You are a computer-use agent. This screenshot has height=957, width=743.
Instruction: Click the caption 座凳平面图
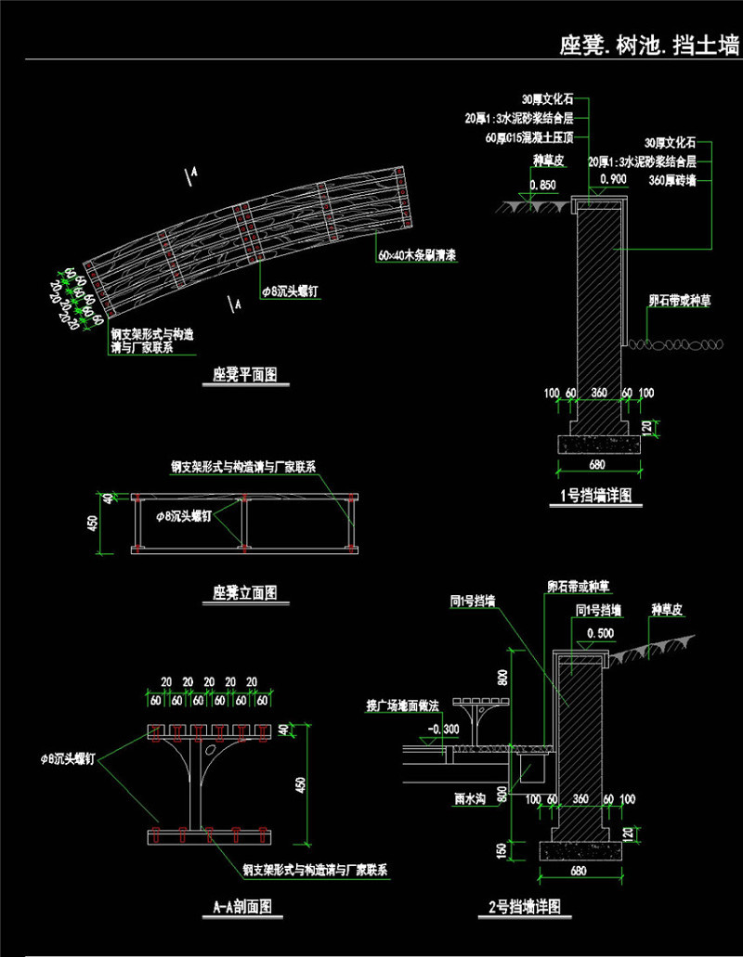click(x=245, y=375)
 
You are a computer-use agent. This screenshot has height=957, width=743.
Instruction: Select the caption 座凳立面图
click(x=245, y=591)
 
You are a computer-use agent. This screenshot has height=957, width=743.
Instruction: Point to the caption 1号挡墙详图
click(x=597, y=496)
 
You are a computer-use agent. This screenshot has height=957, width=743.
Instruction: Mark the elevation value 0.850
click(x=542, y=185)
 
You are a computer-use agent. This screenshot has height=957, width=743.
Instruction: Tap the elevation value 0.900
click(x=613, y=179)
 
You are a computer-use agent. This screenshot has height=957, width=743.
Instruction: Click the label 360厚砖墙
click(x=673, y=181)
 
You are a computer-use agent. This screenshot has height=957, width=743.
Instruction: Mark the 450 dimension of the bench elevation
click(x=92, y=524)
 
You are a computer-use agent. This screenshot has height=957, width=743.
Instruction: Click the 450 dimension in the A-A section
click(x=298, y=784)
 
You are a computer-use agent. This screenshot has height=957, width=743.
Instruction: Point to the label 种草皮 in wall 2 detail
click(x=667, y=610)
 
